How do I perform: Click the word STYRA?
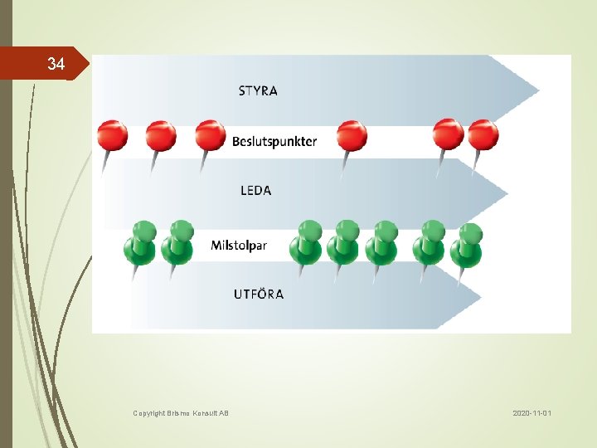pos(258,91)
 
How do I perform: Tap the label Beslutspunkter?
pos(274,141)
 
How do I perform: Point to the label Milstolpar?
pos(245,246)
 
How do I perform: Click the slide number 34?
pos(56,64)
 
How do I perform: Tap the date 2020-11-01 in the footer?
pos(531,412)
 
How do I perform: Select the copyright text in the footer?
pos(181,412)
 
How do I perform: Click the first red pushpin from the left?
pos(112,136)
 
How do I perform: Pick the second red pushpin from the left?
pos(161,136)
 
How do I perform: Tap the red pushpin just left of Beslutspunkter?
pos(210,136)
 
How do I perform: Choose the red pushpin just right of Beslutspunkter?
pos(352,136)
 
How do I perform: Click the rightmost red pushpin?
pos(483,135)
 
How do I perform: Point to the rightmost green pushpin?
pos(468,245)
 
